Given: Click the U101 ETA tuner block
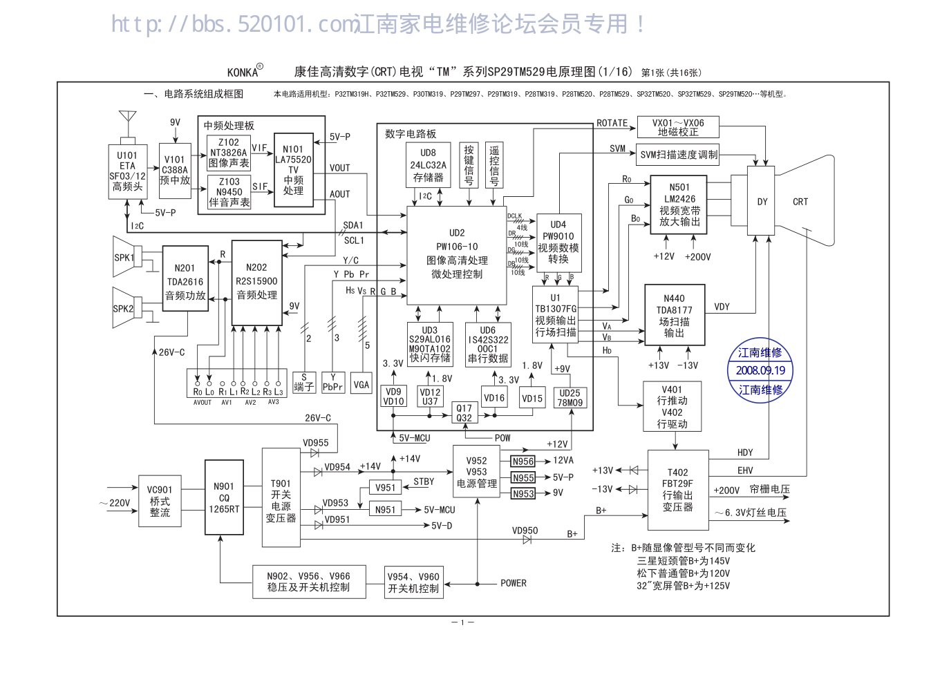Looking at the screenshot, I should (x=127, y=171).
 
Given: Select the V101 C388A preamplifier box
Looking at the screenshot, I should (x=175, y=171).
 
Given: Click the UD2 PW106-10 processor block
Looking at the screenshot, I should (x=457, y=254).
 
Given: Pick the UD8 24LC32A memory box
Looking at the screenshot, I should (x=428, y=165).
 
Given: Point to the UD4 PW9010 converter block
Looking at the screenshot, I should (x=558, y=242).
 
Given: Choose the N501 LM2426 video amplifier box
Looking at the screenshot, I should (x=679, y=204).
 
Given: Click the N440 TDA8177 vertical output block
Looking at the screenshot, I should (x=674, y=315).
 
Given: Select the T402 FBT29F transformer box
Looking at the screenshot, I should (x=677, y=490).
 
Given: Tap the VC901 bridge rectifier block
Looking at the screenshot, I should (x=160, y=501).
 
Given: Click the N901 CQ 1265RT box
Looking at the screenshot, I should (x=224, y=497).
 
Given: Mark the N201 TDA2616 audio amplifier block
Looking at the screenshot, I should (x=185, y=278).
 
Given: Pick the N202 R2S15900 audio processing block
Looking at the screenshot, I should (x=256, y=282).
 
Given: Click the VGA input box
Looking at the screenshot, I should (x=361, y=385).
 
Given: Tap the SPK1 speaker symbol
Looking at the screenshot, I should (x=126, y=258).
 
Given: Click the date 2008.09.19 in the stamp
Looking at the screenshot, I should (x=760, y=370).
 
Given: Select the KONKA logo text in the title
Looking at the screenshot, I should (x=243, y=72).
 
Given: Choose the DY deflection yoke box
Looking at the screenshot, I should (x=762, y=202).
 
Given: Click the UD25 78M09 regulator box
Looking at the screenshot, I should (x=570, y=398).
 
